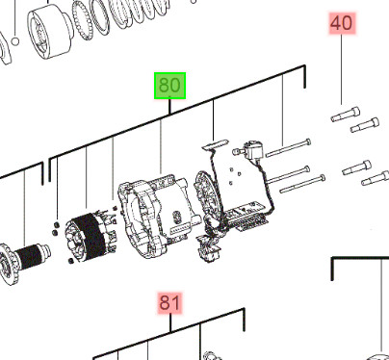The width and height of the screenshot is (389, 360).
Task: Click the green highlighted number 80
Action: point(169,86)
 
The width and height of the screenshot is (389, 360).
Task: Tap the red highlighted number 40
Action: point(342,23)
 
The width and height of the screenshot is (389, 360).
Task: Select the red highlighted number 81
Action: point(169,302)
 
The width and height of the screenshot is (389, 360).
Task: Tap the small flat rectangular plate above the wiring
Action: point(215,143)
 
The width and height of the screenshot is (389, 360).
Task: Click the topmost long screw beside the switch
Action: point(288,147)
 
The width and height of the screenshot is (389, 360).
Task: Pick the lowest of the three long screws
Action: point(302,184)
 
